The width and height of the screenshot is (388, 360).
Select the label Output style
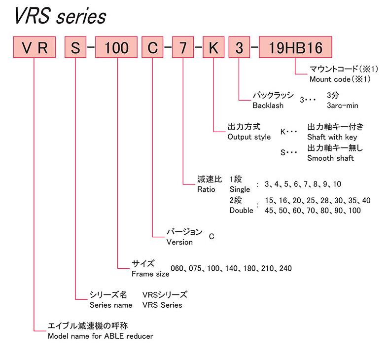pos(249,137)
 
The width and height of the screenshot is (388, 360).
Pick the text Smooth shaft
pos(330,158)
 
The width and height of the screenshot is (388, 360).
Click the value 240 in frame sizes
pos(285,269)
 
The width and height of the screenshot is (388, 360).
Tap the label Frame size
pos(148,273)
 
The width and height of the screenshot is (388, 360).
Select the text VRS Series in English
pos(162,305)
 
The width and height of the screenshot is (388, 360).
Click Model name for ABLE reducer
pos(100,336)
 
